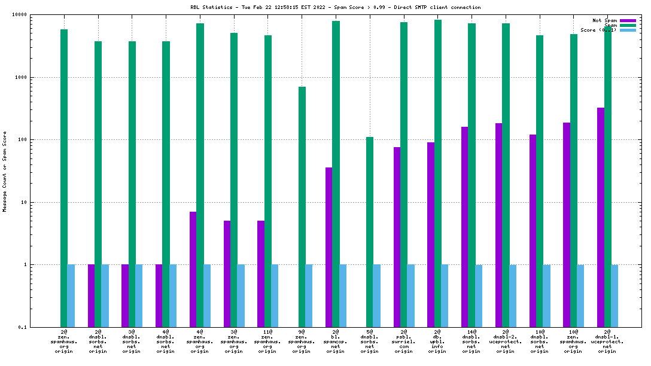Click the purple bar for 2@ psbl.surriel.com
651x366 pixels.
[x=397, y=236]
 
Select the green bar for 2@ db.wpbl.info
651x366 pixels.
[x=437, y=173]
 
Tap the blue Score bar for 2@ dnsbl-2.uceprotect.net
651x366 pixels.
[x=512, y=295]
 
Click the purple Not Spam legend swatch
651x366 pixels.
[x=628, y=20]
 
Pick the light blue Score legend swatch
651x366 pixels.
[x=628, y=30]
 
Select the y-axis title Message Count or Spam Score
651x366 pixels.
[x=5, y=172]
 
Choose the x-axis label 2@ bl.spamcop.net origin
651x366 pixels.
[x=336, y=341]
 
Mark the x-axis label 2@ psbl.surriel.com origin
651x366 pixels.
[x=403, y=341]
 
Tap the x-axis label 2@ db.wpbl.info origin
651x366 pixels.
[x=437, y=341]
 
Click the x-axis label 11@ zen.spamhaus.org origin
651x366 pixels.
[x=267, y=341]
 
